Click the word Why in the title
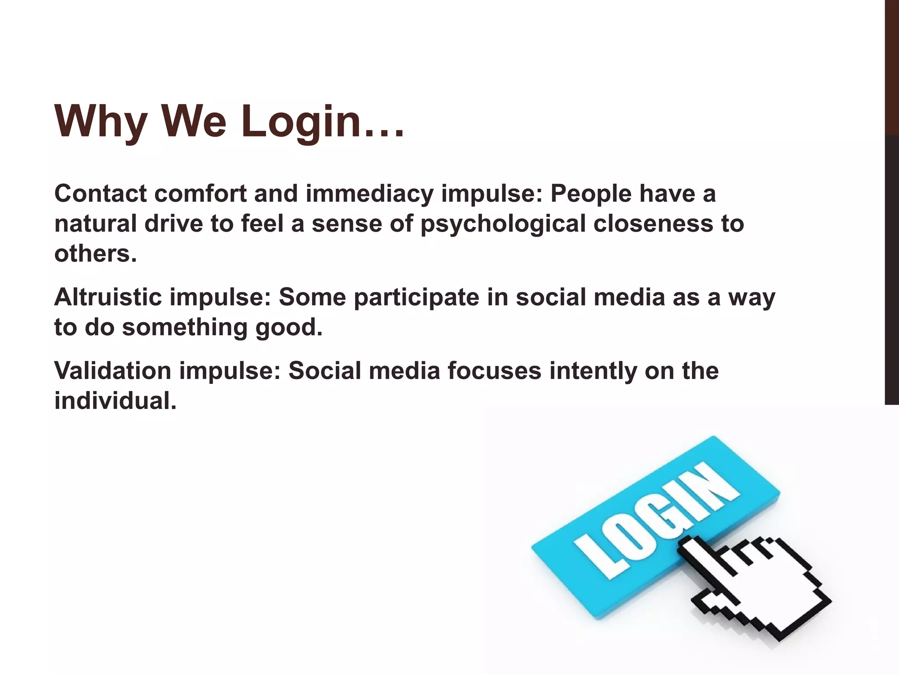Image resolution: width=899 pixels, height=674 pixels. pos(101,122)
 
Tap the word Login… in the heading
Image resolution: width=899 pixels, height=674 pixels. pos(322,122)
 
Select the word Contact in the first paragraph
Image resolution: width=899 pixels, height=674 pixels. pos(100,194)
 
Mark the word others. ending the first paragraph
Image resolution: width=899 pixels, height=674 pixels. pos(96,254)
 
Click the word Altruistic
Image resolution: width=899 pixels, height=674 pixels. pos(108,297)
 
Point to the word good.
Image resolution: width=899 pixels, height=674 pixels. pos(289,327)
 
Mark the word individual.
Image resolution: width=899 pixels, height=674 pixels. pos(115,401)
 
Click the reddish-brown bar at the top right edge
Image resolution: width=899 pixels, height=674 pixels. pos(892,66)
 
